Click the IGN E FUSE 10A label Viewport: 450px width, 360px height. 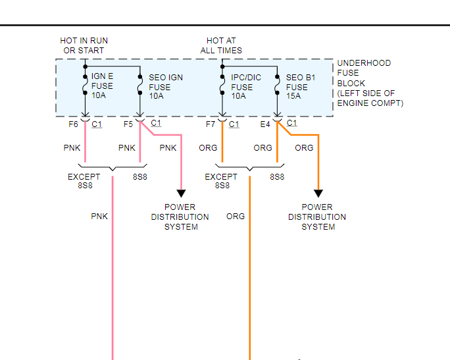[102, 86]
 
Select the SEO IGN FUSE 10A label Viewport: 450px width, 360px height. [166, 87]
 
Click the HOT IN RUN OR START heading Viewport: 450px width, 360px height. [84, 45]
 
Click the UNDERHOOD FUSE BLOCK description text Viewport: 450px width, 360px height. [370, 83]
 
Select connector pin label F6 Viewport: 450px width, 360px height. [73, 124]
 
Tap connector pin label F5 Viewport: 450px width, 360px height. [128, 124]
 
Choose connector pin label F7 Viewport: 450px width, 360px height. [210, 124]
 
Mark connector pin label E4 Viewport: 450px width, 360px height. [265, 124]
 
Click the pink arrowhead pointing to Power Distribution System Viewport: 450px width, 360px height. [181, 193]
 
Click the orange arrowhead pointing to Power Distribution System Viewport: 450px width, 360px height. [318, 193]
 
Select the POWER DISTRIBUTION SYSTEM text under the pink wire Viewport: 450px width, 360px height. [180, 217]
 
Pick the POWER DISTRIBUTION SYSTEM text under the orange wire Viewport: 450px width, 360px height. [318, 217]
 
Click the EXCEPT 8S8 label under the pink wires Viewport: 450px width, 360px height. [84, 181]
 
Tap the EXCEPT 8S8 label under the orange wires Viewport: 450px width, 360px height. [220, 181]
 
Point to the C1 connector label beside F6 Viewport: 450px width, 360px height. [97, 124]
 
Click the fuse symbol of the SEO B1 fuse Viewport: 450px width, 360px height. [277, 86]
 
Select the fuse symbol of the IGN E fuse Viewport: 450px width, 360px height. [86, 86]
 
